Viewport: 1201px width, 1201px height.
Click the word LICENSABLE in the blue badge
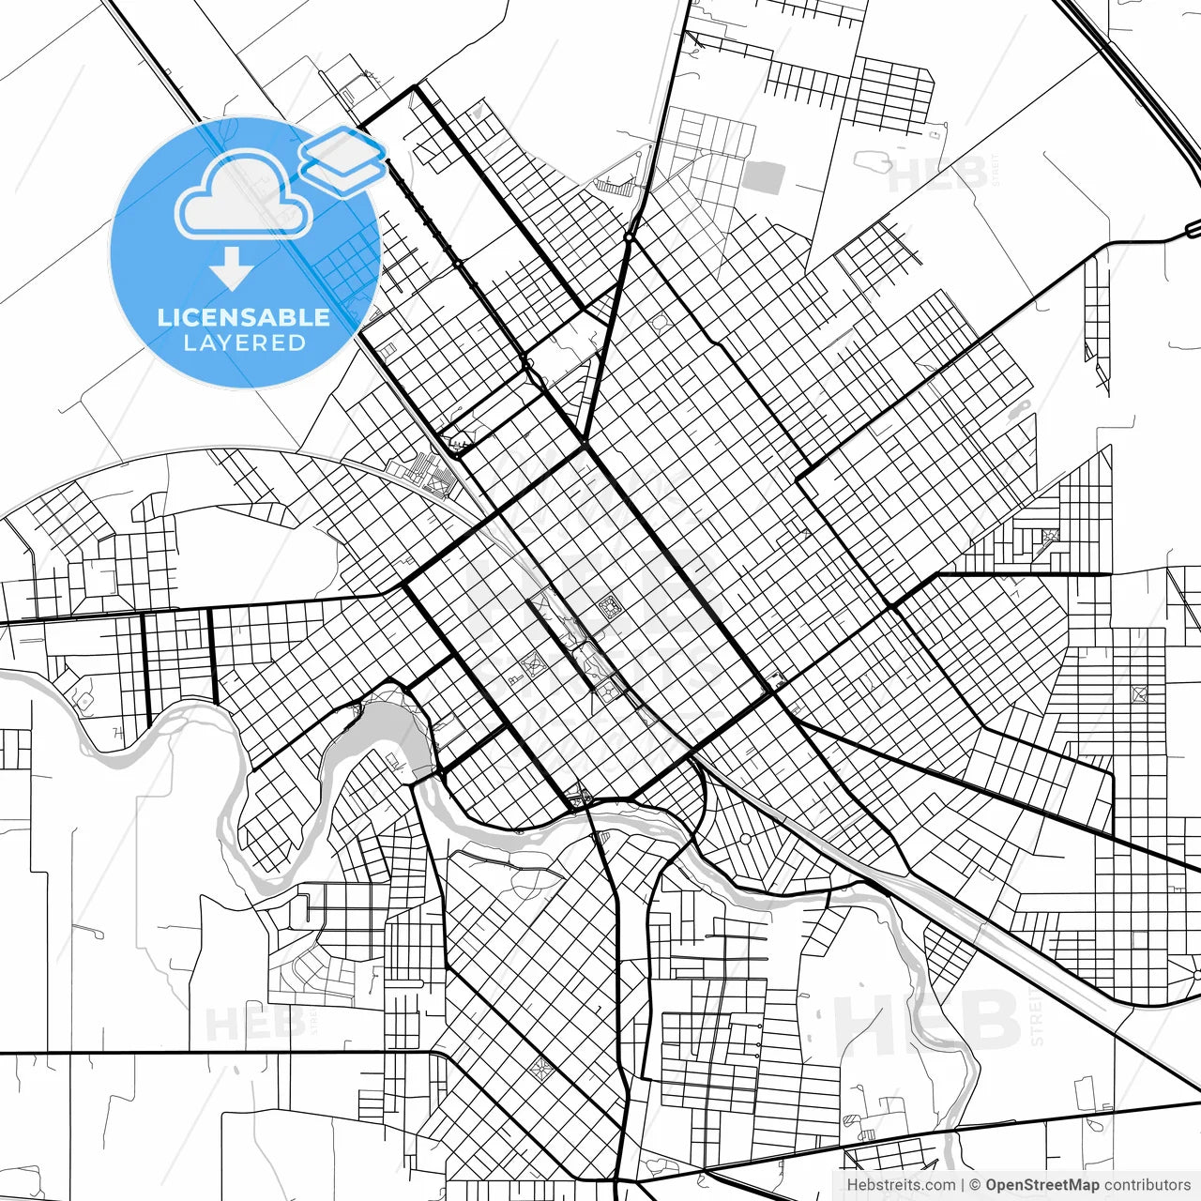244,317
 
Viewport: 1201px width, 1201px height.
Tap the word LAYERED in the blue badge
244,343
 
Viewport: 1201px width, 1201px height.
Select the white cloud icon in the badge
244,195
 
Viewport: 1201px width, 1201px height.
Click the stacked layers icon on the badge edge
343,160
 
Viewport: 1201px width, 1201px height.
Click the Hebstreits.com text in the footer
901,1185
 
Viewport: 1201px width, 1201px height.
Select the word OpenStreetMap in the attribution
1041,1185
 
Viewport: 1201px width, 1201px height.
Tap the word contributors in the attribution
1147,1185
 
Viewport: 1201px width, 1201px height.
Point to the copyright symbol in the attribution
975,1185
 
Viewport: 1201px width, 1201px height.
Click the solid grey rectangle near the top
764,177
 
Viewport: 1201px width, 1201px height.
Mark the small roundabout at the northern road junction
629,238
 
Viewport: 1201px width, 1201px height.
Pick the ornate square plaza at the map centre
610,608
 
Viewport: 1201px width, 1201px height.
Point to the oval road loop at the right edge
1193,228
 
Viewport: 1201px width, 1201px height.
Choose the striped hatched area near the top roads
615,187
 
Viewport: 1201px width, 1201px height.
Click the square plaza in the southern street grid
541,1068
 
